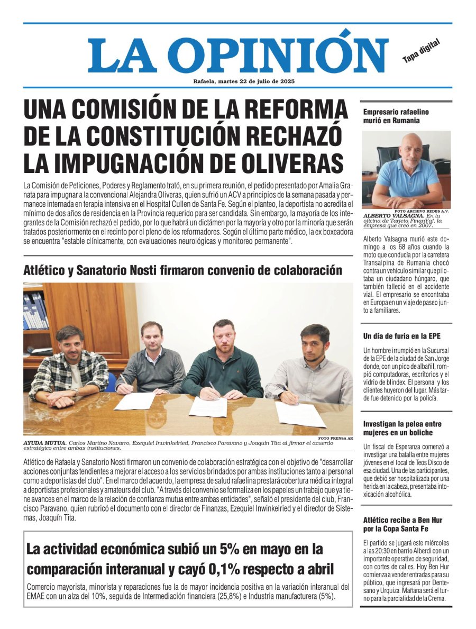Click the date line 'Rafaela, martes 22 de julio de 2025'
(244, 81)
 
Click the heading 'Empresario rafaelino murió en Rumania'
(396, 116)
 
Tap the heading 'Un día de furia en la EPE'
(401, 336)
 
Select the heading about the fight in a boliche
(402, 428)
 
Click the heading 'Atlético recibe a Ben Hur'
(402, 524)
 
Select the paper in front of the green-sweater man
(208, 406)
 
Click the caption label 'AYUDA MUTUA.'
(44, 443)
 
